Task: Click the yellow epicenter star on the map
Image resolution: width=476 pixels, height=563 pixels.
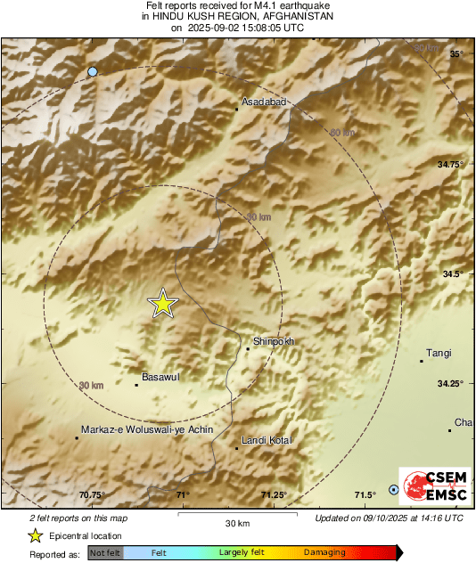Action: [163, 304]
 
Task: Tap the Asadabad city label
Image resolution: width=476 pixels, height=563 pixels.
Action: [267, 102]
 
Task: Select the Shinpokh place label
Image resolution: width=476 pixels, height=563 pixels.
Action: [274, 341]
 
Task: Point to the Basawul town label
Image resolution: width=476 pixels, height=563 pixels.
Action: [161, 378]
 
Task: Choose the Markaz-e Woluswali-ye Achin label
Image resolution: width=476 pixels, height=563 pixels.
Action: [147, 429]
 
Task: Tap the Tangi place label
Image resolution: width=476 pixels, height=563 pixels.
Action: [439, 354]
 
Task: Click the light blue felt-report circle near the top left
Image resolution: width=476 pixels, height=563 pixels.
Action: [93, 71]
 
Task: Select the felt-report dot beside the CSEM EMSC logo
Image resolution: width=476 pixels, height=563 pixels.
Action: [394, 490]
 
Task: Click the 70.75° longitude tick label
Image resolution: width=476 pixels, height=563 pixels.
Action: [93, 495]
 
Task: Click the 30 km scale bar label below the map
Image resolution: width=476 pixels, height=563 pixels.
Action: [237, 522]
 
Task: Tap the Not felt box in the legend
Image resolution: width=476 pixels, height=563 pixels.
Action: [106, 553]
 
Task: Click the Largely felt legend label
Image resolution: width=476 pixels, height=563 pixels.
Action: [240, 553]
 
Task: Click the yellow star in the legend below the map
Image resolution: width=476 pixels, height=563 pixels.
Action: [35, 536]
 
